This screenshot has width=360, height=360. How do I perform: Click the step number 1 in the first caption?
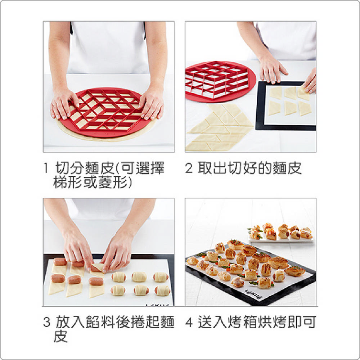pyautogui.click(x=46, y=168)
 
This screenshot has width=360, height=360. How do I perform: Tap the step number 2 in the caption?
pyautogui.click(x=189, y=168)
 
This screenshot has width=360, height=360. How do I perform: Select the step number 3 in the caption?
pyautogui.click(x=46, y=322)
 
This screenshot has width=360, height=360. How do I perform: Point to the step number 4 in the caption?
pyautogui.click(x=189, y=322)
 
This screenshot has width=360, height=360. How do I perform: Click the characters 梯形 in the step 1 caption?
pyautogui.click(x=68, y=182)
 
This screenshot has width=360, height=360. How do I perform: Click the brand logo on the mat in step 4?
pyautogui.click(x=253, y=295)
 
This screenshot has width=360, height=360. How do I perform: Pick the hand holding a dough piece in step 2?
pyautogui.click(x=310, y=81)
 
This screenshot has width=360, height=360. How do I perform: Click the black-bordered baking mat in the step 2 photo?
pyautogui.click(x=286, y=105)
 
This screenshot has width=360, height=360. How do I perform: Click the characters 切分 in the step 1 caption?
pyautogui.click(x=69, y=168)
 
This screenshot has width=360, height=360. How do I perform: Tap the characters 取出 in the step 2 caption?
pyautogui.click(x=212, y=168)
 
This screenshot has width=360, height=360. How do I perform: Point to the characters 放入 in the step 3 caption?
pyautogui.click(x=70, y=322)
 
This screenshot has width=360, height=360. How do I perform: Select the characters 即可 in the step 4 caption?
pyautogui.click(x=302, y=322)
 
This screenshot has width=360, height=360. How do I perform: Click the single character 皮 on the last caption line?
pyautogui.click(x=60, y=336)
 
